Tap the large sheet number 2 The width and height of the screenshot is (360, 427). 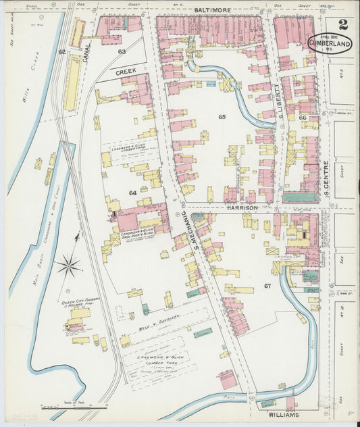point(343,26)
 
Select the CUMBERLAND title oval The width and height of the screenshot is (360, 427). point(331,43)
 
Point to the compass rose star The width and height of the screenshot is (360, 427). point(69,266)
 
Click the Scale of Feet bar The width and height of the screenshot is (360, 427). point(74,407)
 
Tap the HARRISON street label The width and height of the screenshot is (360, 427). point(242,209)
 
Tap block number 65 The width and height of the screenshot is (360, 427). point(222,117)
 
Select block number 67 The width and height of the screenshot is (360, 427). point(267,286)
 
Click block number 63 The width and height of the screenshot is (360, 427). point(122,51)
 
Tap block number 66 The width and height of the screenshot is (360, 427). point(302,117)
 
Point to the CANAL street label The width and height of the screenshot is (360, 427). point(87,48)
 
